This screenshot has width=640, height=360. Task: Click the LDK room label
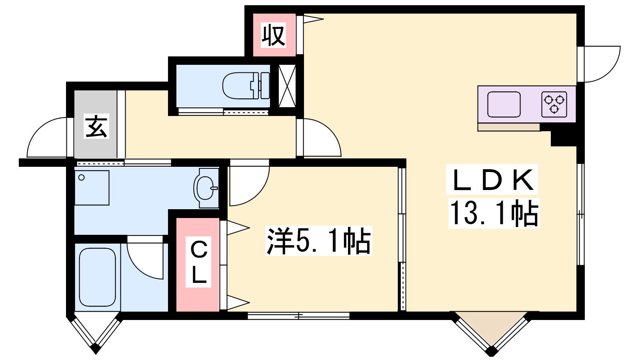pos(492,180)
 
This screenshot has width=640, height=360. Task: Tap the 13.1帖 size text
pos(494,213)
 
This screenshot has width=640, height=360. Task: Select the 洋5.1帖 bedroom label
pos(319,240)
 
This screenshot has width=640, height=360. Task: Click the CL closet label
pos(198,262)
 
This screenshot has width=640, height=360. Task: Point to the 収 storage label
pos(274,35)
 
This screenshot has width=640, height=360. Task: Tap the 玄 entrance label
pos(96,126)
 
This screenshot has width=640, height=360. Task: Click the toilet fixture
pos(246,86)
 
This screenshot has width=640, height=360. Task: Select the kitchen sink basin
pos(504,104)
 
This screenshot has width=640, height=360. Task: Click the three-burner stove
pos(554,104)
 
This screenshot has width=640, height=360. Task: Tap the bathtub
pos(98,277)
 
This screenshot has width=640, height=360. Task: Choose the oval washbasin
pos(205,188)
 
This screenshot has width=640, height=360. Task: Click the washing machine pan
pos(92,188)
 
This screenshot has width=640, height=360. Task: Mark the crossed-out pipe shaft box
pos(287,86)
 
